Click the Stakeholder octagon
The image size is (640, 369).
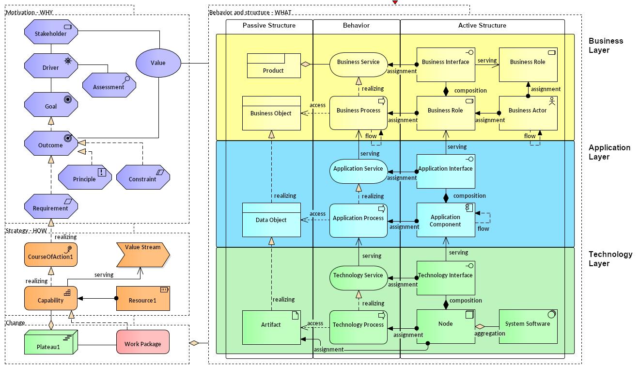50,34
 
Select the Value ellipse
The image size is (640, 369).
158,63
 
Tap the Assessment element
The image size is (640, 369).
109,87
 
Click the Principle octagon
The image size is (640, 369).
85,178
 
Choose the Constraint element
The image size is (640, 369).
142,178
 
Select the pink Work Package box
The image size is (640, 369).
142,343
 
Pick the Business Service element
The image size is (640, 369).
359,62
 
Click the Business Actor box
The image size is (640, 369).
528,112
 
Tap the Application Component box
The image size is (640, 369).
445,221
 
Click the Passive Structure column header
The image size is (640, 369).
269,26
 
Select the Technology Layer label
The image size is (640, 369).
610,259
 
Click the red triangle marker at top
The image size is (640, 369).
395,2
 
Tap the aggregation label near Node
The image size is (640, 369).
489,334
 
